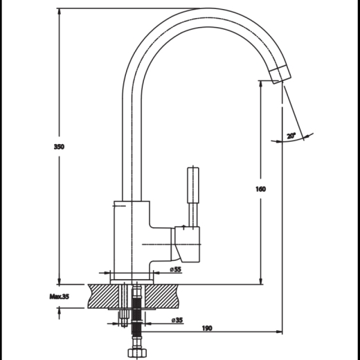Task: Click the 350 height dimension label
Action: click(x=59, y=147)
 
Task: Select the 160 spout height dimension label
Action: click(x=261, y=189)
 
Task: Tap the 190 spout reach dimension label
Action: click(x=207, y=328)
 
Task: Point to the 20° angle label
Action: click(x=291, y=136)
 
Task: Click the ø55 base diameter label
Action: click(x=175, y=269)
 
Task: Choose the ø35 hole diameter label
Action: click(x=177, y=320)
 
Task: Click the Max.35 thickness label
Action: click(x=60, y=296)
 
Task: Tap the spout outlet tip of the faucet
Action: click(x=280, y=74)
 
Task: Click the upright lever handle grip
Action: click(x=193, y=185)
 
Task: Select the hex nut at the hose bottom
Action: click(x=137, y=353)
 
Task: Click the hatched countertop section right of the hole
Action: click(x=162, y=296)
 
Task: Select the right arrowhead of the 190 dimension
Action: click(x=279, y=332)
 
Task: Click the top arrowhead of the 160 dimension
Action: click(x=261, y=84)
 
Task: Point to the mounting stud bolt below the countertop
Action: click(x=125, y=318)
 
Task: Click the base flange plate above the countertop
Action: click(x=132, y=282)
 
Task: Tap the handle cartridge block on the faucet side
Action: click(x=187, y=244)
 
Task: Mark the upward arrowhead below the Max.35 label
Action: click(x=60, y=312)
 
